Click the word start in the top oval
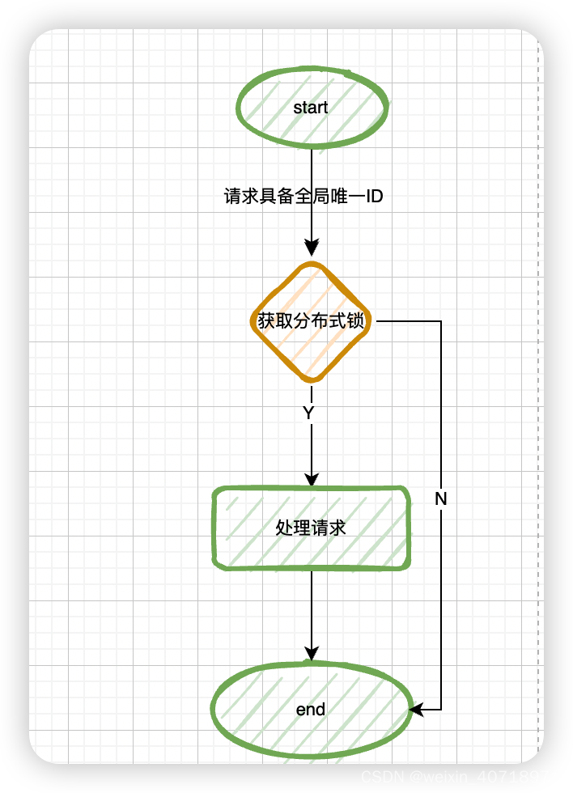[311, 108]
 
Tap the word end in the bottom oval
[311, 710]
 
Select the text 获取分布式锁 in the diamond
[311, 321]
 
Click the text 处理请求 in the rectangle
[311, 528]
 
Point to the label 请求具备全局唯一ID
[303, 196]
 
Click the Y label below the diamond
[308, 413]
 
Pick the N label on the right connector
[441, 499]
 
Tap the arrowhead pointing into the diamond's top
[312, 248]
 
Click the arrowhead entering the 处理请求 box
[312, 479]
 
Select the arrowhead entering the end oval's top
[312, 653]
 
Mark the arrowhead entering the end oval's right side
[416, 710]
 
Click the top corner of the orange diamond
[312, 264]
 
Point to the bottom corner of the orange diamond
[312, 380]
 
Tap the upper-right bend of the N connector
[441, 321]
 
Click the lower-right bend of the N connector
[441, 710]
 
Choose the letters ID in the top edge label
[374, 196]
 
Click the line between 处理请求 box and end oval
[312, 607]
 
